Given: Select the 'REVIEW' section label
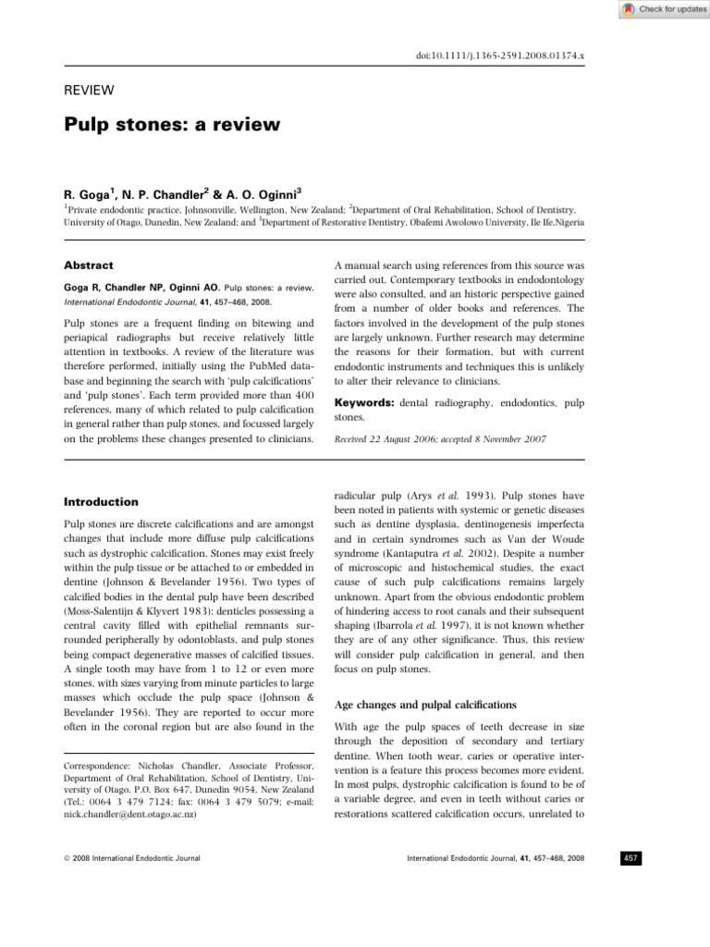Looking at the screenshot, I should [88, 90].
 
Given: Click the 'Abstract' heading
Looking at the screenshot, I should [88, 264].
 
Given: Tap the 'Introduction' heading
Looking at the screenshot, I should [102, 501].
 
